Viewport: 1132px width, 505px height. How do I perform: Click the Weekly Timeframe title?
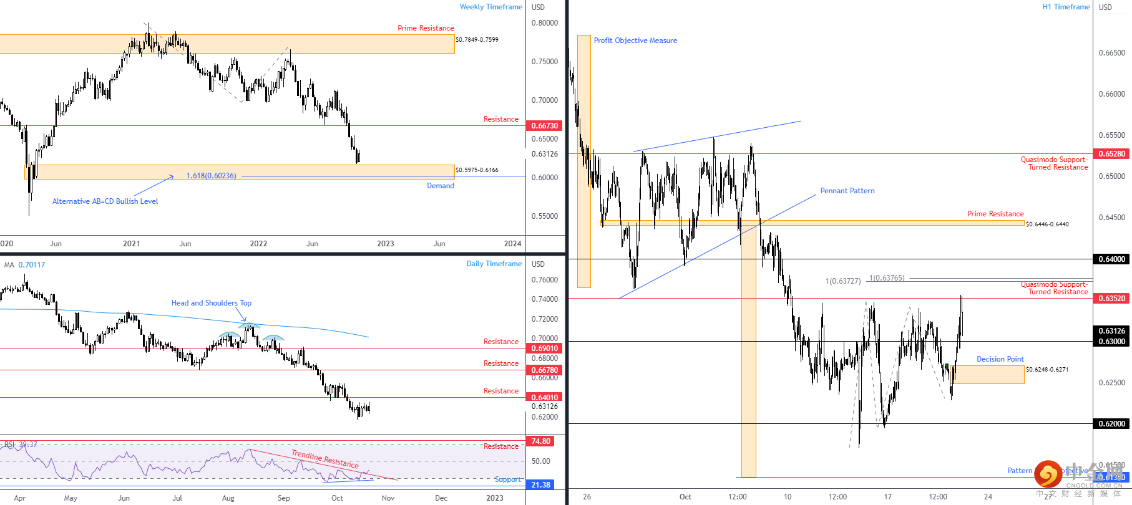tap(490, 7)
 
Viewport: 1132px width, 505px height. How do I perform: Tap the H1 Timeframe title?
tap(1066, 7)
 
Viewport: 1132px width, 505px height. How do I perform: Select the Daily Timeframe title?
tap(494, 264)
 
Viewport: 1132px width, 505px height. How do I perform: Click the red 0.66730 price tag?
tap(544, 126)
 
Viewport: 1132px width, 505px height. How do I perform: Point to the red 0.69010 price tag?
tap(544, 349)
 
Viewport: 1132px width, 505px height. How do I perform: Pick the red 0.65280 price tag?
tap(1111, 154)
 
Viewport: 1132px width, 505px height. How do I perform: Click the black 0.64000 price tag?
tap(1111, 259)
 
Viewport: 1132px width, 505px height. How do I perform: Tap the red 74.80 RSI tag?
tap(540, 441)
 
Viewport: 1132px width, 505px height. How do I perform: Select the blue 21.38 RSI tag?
tap(540, 485)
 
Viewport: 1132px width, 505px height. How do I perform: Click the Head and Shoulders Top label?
tap(211, 303)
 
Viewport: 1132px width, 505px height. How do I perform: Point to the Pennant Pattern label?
tap(847, 191)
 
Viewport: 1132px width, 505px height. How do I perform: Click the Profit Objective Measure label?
tap(635, 41)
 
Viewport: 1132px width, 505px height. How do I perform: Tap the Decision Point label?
tap(1000, 359)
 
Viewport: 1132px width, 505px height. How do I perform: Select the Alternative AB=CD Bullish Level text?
tap(105, 201)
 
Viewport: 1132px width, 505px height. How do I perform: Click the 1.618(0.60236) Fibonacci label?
tap(211, 176)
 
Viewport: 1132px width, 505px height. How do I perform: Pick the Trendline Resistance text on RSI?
tap(324, 459)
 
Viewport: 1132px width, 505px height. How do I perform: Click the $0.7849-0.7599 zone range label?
tap(477, 40)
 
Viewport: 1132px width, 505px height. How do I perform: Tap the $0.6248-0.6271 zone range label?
tap(1047, 370)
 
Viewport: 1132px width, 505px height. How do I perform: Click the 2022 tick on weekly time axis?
tap(258, 244)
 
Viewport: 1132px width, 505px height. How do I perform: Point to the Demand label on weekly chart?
tap(440, 186)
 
